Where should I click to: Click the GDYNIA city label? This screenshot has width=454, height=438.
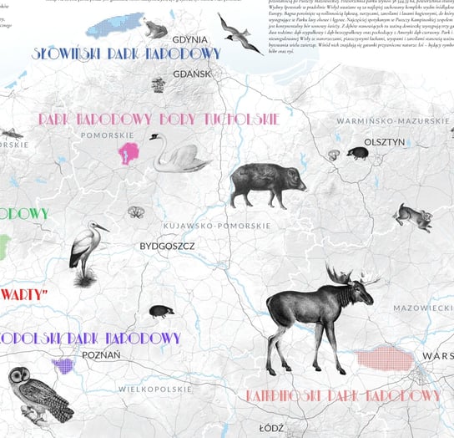pos(190,39)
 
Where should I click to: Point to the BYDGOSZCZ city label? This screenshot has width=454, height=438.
pos(167,247)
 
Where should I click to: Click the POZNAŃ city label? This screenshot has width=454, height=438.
pos(102,355)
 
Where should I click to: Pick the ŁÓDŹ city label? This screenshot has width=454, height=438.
pos(271,428)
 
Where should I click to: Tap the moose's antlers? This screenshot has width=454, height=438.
pos(351,275)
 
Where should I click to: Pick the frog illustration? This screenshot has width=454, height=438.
pos(155,29)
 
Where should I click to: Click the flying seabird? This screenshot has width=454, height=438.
pos(239,31)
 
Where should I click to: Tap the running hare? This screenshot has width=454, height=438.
pos(411,215)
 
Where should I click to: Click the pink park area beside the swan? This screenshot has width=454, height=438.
pos(129,154)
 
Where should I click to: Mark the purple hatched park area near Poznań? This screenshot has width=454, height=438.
pos(63,365)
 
